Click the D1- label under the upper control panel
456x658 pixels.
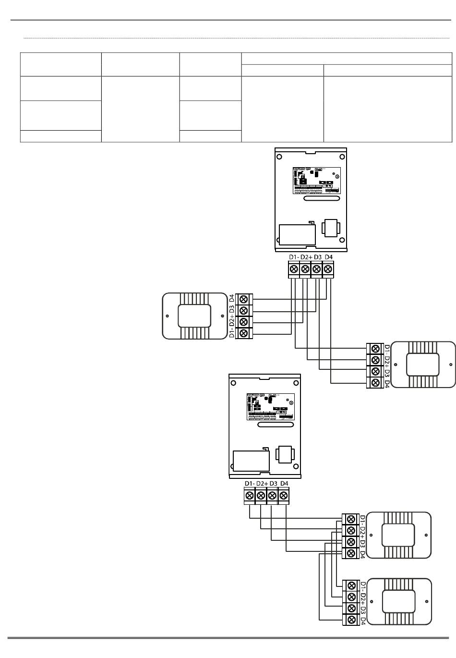point(294,257)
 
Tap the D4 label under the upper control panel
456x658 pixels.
point(328,257)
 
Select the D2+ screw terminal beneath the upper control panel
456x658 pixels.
point(305,270)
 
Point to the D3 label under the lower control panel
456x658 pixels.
point(274,483)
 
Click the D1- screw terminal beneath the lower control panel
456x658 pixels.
point(250,496)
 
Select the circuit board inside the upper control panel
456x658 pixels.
point(316,180)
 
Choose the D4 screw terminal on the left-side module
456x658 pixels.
point(244,299)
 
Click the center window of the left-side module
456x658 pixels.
point(194,316)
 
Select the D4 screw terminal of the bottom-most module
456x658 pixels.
point(351,620)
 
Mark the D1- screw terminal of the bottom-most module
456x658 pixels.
point(351,585)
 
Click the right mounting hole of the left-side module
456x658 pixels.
point(222,316)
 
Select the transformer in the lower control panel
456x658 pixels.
point(286,454)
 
